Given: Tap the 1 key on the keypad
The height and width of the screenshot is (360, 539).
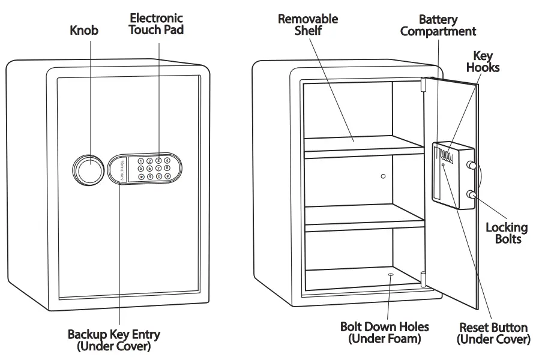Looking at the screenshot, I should tap(141, 160).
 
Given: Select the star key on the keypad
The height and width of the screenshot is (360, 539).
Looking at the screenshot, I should tap(141, 176).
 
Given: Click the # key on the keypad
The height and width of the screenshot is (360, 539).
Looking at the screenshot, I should tap(167, 176).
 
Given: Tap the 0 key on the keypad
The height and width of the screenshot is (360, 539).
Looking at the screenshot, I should tap(158, 176).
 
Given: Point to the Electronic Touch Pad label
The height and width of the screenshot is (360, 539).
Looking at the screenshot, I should tap(156, 24).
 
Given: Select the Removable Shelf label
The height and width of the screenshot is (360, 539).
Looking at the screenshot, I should tap(307, 25).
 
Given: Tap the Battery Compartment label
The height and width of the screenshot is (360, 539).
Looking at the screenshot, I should tap(438, 26).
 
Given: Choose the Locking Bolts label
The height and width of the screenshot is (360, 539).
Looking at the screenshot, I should tap(506, 233).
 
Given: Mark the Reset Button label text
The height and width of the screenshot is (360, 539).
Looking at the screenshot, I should tap(493, 334).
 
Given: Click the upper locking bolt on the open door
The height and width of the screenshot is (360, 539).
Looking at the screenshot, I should tap(473, 166).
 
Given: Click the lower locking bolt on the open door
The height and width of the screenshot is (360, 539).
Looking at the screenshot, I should tap(473, 195).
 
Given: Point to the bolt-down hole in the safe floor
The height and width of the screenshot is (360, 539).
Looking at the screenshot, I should tap(391, 275).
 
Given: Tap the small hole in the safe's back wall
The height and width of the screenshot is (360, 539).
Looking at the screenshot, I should tap(383, 176).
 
